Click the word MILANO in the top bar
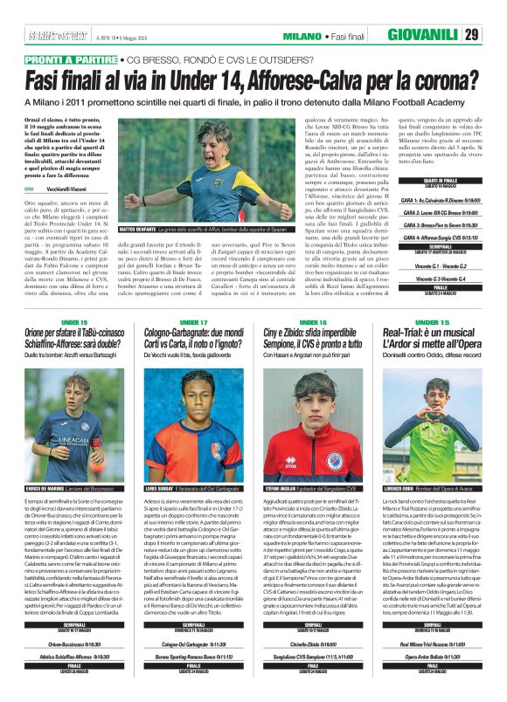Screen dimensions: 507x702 point(303,36)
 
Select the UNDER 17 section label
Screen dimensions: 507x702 point(194,322)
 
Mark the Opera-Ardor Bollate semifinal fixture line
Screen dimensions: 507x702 point(431,654)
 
